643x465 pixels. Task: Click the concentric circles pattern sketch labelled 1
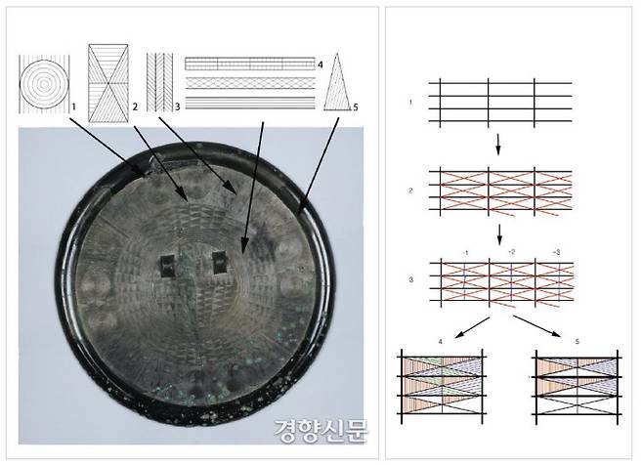click(44, 84)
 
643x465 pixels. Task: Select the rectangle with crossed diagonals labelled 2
click(108, 83)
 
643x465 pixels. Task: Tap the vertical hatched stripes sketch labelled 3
click(159, 82)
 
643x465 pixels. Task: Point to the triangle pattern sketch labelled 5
click(337, 82)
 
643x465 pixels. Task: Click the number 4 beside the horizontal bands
click(320, 64)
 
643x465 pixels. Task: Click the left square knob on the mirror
click(167, 266)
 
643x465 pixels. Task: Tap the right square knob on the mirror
click(220, 262)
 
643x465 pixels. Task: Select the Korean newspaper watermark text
click(321, 431)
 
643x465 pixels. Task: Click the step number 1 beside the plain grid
click(410, 103)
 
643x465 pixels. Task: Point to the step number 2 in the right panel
click(410, 190)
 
